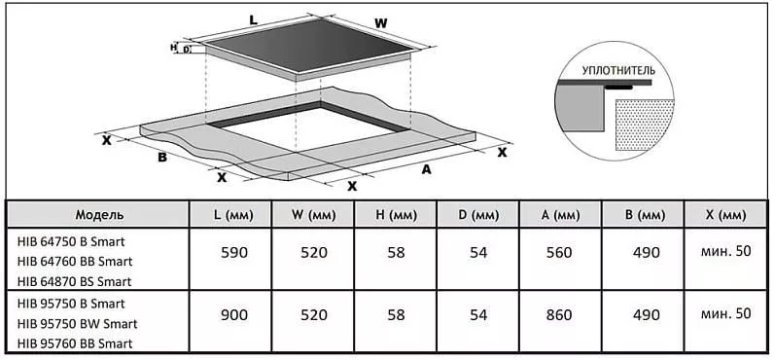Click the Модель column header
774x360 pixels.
click(99, 215)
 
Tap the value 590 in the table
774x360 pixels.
click(233, 252)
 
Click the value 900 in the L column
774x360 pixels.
click(233, 314)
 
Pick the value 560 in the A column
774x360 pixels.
click(559, 252)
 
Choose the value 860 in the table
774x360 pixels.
click(559, 314)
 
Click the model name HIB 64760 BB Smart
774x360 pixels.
click(75, 261)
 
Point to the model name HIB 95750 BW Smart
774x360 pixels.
click(77, 324)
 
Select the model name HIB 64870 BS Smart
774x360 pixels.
click(74, 281)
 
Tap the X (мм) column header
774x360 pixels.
click(724, 215)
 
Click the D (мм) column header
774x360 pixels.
click(477, 215)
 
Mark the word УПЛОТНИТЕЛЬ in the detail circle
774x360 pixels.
click(618, 70)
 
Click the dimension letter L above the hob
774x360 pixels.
click(254, 20)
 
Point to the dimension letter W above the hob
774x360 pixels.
click(380, 22)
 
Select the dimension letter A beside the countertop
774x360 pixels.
click(426, 169)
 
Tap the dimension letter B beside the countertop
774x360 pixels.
click(162, 158)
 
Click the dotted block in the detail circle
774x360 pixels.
click(644, 125)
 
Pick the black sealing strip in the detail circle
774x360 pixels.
click(619, 88)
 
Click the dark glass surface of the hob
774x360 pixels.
click(309, 45)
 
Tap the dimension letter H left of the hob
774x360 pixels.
click(173, 47)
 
